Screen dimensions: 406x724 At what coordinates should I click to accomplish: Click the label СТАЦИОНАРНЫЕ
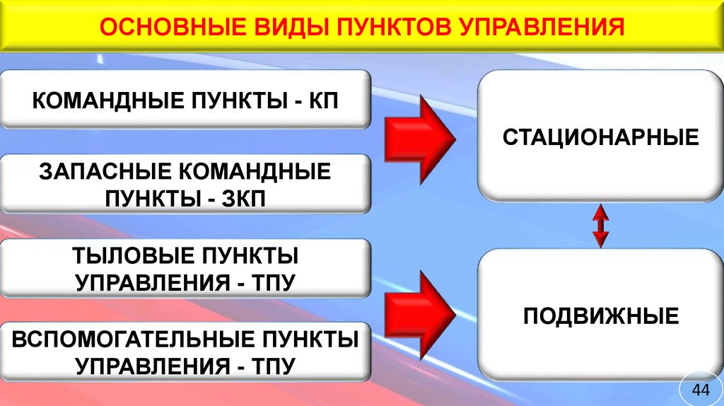600,136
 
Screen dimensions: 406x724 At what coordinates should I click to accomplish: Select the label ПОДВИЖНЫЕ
600,315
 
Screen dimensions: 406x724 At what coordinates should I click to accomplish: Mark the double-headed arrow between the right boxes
600,226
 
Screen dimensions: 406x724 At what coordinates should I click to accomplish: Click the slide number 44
700,390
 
